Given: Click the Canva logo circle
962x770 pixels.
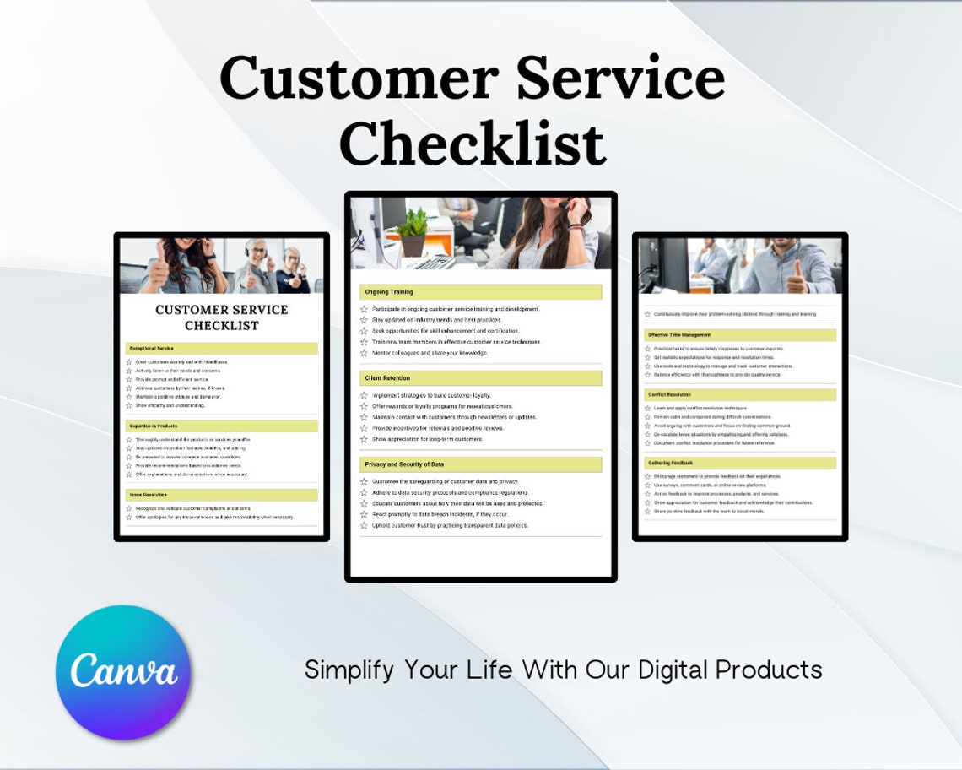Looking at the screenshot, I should pos(123,672).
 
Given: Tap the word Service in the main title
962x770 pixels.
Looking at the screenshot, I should pos(620,78).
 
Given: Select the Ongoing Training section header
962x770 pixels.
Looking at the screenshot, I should pos(389,292).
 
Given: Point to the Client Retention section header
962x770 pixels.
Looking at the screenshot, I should pos(387,378).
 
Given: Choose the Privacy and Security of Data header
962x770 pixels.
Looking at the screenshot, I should pos(404,464).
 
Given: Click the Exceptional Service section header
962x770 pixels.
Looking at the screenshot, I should pos(151,348).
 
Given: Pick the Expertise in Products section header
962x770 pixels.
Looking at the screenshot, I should pos(154,426).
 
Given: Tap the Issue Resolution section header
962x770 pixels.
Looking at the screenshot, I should pos(148,495).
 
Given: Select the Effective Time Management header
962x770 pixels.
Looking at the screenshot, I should pos(679,335).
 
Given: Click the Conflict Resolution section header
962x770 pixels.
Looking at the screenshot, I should pos(669,394).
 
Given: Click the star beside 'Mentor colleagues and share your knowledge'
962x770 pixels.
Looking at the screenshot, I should pos(364,353).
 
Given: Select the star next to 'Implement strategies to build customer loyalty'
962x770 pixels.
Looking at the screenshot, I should pos(364,395).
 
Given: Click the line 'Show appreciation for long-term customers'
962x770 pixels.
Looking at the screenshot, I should pos(428,439).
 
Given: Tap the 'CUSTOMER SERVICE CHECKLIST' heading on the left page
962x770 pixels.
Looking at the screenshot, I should pos(222,317).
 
